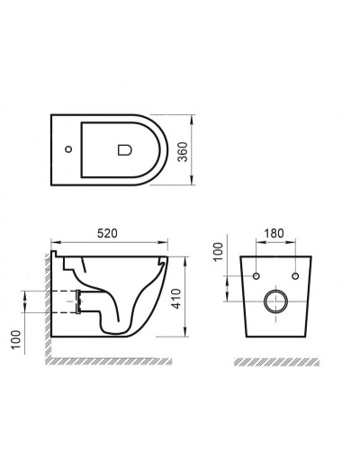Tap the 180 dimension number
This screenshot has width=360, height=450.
[x=274, y=232]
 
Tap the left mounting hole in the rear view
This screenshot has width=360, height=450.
[x=257, y=274]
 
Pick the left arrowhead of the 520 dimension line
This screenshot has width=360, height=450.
[x=54, y=242]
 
